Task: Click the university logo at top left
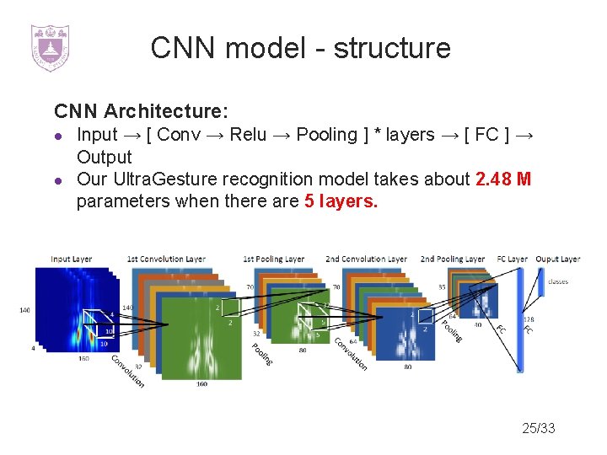(x=50, y=47)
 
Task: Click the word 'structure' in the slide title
(x=392, y=48)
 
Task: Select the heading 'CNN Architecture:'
(x=141, y=111)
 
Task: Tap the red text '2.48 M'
(x=503, y=179)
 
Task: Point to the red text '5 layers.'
(x=342, y=201)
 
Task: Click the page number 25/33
(x=539, y=429)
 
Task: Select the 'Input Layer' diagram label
(x=72, y=259)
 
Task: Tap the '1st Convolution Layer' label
(x=166, y=259)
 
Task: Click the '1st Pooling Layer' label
(x=274, y=259)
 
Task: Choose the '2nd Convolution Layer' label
(x=366, y=259)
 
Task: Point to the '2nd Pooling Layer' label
(x=453, y=259)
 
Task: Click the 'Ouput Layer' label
(x=557, y=259)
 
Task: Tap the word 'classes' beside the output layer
(x=558, y=281)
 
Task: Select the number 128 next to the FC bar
(x=529, y=320)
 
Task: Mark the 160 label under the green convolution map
(x=201, y=384)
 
